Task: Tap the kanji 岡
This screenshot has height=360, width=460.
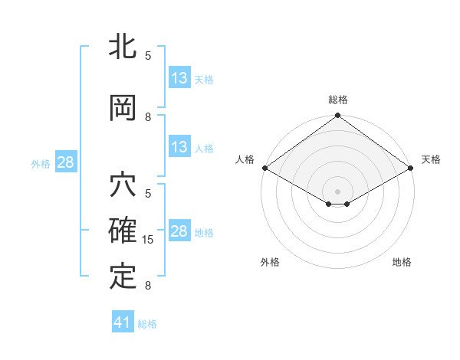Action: click(123, 108)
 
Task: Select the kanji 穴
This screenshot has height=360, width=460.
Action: click(123, 187)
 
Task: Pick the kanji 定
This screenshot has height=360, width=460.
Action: click(123, 276)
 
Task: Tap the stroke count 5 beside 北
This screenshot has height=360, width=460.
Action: click(148, 55)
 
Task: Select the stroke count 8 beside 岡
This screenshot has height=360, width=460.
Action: click(148, 117)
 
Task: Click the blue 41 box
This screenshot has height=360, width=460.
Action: click(123, 322)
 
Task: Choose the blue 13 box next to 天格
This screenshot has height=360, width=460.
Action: click(179, 78)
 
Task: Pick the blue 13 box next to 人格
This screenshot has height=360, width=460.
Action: click(179, 147)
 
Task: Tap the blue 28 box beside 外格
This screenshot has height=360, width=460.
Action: click(65, 162)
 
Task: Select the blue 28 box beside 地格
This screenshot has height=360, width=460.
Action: click(179, 231)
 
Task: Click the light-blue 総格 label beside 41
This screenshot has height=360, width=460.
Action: click(147, 324)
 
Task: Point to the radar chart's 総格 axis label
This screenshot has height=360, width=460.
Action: click(337, 100)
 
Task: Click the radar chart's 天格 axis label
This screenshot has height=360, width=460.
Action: click(431, 159)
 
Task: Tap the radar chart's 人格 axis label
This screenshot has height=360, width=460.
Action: click(245, 159)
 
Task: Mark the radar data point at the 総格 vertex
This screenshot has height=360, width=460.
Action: click(337, 116)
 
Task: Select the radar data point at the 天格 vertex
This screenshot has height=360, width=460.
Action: click(411, 168)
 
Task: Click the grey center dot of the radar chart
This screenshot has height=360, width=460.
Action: click(337, 190)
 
